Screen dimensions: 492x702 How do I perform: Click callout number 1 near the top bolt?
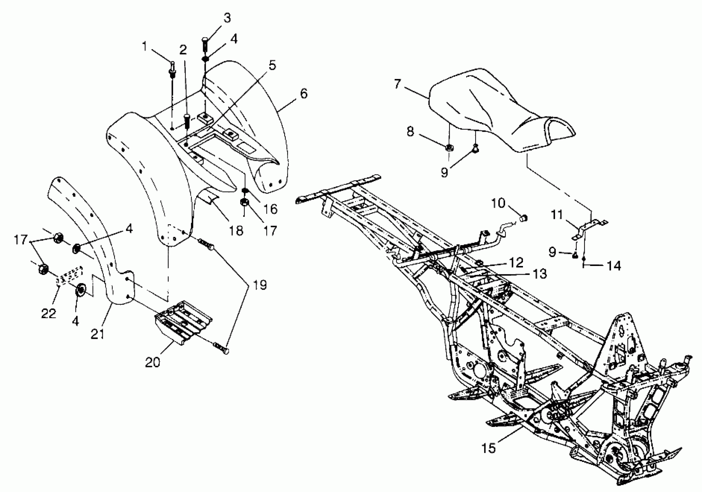(x=145, y=47)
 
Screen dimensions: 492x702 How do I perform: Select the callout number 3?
(x=227, y=18)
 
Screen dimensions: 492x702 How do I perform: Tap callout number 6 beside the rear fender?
(x=303, y=94)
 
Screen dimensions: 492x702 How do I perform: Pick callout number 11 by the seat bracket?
(x=557, y=215)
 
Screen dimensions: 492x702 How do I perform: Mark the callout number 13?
(x=539, y=274)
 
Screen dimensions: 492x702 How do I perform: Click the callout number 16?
(x=270, y=209)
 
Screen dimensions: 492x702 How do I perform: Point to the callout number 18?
(x=236, y=231)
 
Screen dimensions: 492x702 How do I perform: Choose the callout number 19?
(x=260, y=285)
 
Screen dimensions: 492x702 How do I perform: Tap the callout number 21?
(x=98, y=334)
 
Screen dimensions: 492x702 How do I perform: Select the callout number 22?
(x=49, y=313)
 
